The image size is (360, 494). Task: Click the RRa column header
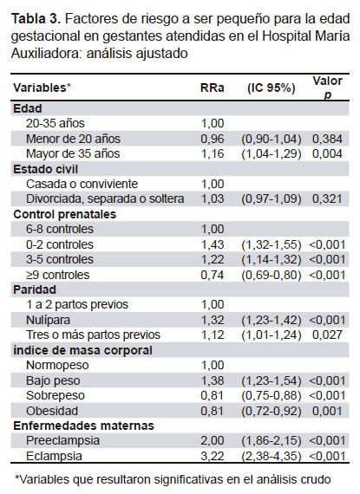coord(213,88)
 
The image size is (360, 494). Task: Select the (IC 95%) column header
coord(272,88)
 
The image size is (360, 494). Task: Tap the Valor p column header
coord(327,88)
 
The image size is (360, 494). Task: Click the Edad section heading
coord(28,108)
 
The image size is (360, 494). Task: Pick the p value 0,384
coord(327,139)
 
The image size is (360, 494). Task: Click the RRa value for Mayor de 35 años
coord(213,153)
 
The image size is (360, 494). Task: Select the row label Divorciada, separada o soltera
coord(105,198)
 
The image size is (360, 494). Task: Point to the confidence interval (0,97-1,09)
coord(272,198)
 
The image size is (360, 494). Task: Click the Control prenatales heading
coord(64,214)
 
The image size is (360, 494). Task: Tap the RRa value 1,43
coord(213,244)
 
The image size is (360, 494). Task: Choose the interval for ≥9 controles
coord(272,275)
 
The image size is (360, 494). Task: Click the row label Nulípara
coord(49,320)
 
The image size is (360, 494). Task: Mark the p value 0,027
coord(327,335)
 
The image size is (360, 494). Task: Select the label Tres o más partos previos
coord(93,335)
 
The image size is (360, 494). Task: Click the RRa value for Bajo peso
coord(213,380)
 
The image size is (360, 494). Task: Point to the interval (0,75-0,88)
coord(272,396)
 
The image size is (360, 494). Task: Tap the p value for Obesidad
coord(327,411)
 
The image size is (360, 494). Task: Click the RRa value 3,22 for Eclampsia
coord(213,456)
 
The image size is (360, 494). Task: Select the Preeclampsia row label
coord(62,440)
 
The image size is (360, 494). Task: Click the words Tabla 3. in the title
coord(36,19)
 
